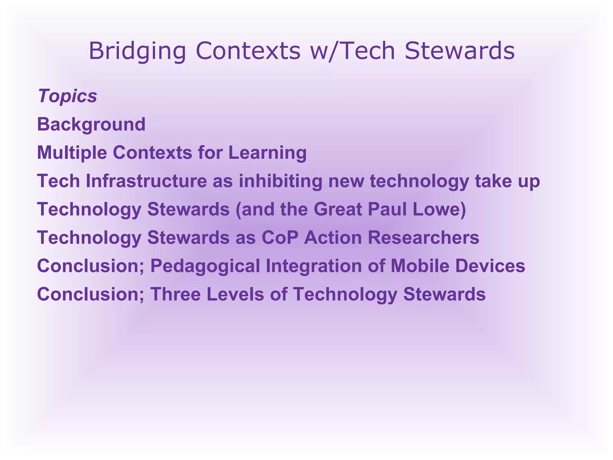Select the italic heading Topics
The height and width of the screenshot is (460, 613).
tap(67, 96)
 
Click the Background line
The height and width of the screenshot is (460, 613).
tap(91, 124)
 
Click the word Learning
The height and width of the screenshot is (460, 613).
tap(267, 152)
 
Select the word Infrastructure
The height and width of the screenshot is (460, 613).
tap(146, 181)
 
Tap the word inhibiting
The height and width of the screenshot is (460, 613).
tap(280, 181)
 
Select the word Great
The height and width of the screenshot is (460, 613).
tap(338, 209)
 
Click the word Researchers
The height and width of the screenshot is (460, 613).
tap(423, 237)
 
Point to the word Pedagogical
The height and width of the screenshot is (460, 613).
tap(205, 266)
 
